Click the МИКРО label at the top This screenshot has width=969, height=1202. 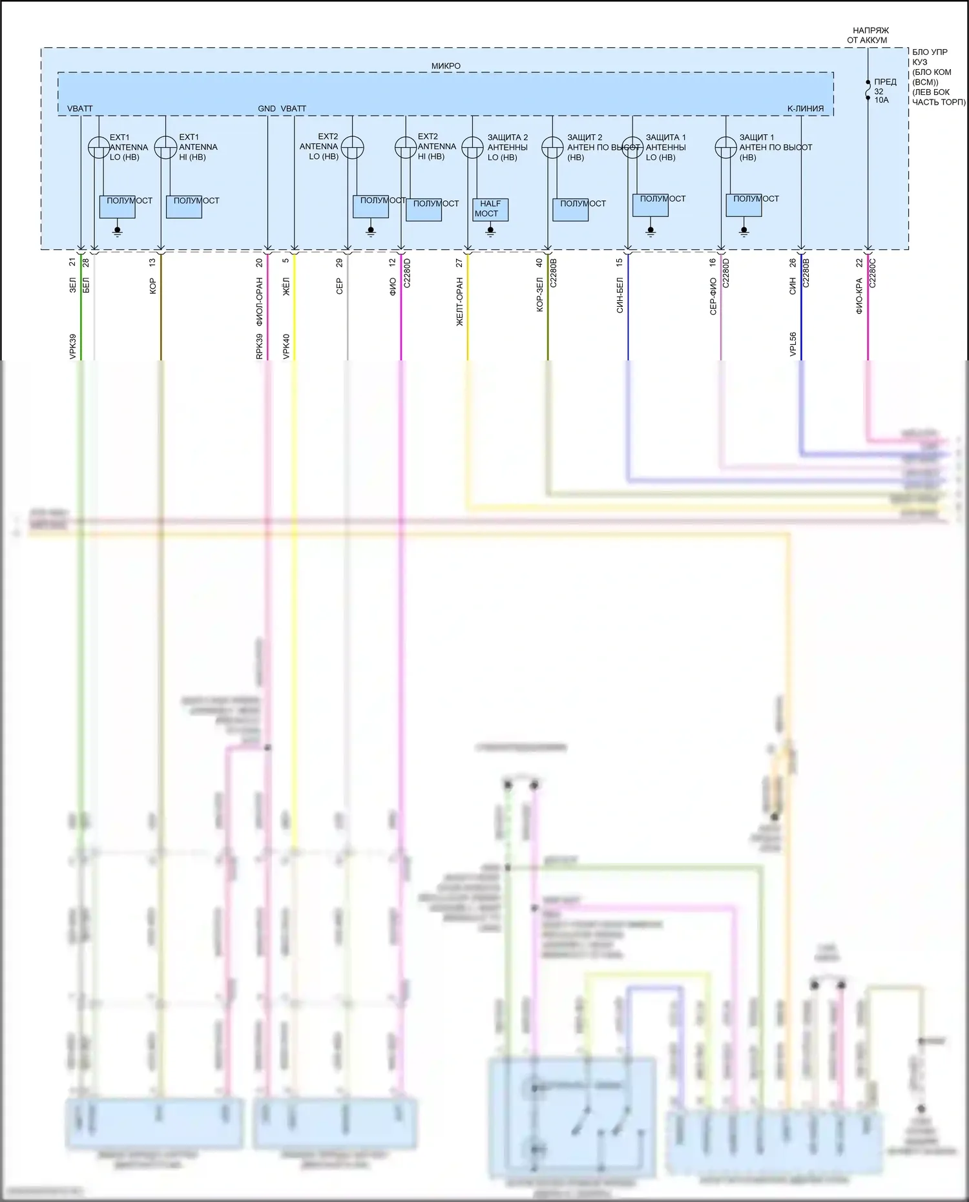[x=446, y=66]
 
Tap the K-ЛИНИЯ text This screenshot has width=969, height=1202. [x=805, y=109]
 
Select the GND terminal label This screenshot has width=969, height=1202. [x=266, y=109]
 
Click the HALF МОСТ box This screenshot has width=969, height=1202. [x=490, y=209]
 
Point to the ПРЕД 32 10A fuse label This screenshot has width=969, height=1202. [x=884, y=91]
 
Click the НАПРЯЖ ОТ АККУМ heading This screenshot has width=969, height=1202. [x=869, y=35]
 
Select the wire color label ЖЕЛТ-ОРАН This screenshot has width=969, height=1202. [x=460, y=302]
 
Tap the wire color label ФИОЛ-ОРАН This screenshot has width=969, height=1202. [x=260, y=302]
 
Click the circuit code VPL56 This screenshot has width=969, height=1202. [x=793, y=344]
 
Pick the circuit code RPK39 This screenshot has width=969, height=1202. [x=260, y=346]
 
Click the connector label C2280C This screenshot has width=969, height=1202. [x=872, y=273]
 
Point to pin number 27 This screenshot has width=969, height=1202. [x=459, y=263]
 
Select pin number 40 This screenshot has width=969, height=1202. [x=539, y=263]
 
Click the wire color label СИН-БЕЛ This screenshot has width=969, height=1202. [x=620, y=296]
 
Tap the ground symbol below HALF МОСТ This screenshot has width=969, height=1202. [x=490, y=231]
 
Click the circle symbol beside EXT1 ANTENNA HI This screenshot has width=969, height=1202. [x=165, y=147]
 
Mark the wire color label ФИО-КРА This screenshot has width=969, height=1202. [x=859, y=296]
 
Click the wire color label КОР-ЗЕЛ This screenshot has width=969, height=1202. [x=539, y=296]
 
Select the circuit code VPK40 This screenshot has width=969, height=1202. [x=286, y=346]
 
